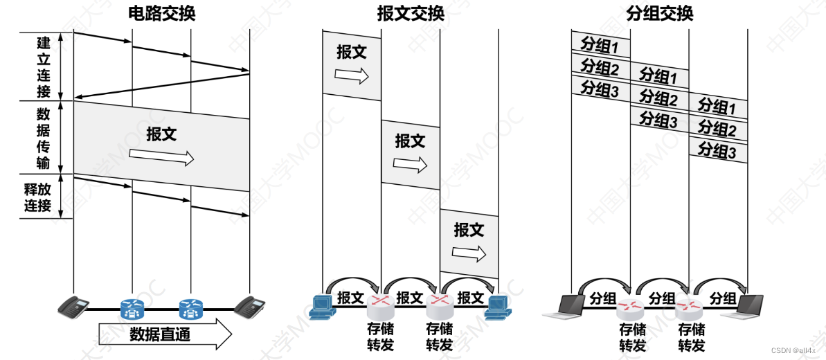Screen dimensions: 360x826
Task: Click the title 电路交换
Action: (x=162, y=13)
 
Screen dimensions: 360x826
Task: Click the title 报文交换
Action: (x=410, y=13)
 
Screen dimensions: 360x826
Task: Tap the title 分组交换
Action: (x=659, y=13)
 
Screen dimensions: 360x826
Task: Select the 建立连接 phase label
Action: (x=43, y=66)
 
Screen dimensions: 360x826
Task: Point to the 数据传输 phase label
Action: (x=43, y=138)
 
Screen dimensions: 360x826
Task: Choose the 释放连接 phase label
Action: (x=38, y=197)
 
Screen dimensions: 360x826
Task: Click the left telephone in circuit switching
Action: (x=73, y=306)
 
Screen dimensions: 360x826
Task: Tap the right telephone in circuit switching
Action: (x=250, y=305)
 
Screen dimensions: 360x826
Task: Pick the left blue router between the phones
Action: (x=132, y=308)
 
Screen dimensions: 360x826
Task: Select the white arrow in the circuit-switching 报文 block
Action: (x=161, y=157)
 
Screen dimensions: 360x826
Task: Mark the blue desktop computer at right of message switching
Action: (x=499, y=307)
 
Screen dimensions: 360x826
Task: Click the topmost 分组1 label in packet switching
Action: (x=600, y=46)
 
